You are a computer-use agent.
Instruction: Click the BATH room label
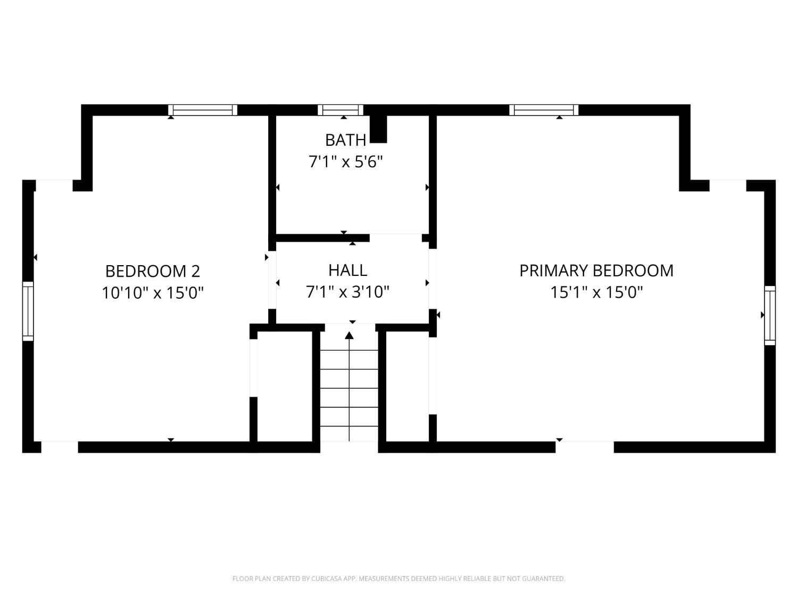click(345, 141)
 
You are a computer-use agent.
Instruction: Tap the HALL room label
click(347, 270)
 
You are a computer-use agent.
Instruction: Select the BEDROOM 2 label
click(153, 272)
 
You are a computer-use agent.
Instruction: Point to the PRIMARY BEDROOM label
click(596, 270)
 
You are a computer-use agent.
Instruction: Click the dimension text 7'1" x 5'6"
click(346, 162)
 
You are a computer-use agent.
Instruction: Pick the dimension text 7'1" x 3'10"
click(347, 292)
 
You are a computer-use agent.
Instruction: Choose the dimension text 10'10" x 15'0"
click(153, 293)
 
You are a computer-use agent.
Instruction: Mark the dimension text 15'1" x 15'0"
click(596, 292)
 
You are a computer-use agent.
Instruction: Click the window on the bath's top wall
click(340, 110)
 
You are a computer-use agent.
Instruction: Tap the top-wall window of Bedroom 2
click(203, 110)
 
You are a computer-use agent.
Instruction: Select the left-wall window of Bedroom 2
click(28, 311)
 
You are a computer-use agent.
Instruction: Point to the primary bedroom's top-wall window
click(544, 110)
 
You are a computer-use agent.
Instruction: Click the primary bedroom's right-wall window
click(770, 315)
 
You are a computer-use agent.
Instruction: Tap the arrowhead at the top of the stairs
click(349, 335)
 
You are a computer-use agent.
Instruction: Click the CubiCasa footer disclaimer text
click(399, 578)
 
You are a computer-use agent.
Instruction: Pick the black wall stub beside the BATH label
click(378, 129)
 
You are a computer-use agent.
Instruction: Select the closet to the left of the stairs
click(285, 386)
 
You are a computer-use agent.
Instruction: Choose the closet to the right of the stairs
click(407, 386)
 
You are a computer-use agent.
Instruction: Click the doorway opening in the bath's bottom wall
click(396, 238)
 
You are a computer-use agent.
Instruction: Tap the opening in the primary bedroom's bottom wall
click(585, 447)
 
